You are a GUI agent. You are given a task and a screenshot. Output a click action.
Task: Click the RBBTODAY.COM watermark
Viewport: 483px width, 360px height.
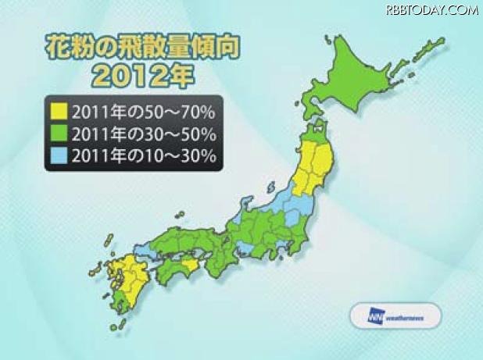[430, 10]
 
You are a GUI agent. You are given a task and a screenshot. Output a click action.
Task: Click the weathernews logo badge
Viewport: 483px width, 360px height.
[394, 317]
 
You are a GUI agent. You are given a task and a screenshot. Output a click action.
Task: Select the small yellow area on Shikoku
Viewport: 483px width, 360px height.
[190, 266]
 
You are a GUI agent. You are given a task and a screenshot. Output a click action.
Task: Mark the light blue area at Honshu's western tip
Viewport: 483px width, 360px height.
[145, 251]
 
